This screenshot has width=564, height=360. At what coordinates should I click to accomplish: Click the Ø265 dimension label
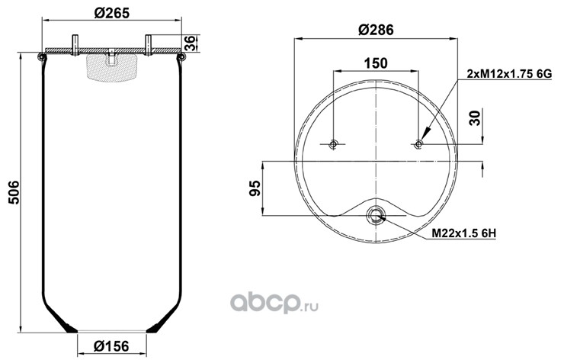point(111,13)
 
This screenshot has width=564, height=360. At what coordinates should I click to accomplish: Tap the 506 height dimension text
point(14,193)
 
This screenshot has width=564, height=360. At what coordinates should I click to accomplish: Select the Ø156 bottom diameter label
point(111,346)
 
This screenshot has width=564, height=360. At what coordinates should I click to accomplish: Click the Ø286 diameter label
point(376,30)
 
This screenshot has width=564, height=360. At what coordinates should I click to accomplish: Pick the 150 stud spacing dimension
point(376,63)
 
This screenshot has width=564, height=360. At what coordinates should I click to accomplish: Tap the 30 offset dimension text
point(475,118)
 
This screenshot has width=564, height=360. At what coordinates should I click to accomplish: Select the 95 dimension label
point(255,188)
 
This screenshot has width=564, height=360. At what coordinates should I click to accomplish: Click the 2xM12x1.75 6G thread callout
point(509,74)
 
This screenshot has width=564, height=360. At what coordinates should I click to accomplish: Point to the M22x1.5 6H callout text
point(463,233)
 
